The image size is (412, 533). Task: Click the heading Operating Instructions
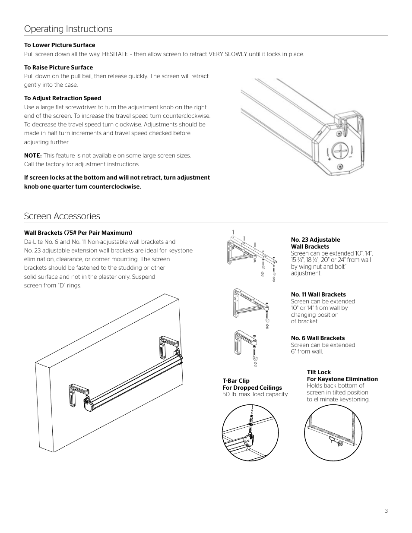coord(68,29)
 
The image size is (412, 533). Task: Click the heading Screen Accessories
coord(62,216)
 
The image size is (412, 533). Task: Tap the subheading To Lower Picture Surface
coord(60,45)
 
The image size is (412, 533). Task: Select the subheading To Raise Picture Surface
coord(58,67)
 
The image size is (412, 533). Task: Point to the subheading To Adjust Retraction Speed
coord(63,98)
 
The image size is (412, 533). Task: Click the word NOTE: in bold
coord(33,155)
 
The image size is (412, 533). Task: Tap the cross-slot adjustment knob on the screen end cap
coord(341,152)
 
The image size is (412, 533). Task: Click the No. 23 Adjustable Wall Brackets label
coord(315,243)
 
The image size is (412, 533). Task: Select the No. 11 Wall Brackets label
coord(318,295)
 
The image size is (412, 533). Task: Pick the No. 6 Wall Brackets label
coord(318,338)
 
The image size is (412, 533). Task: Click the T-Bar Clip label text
coord(236,381)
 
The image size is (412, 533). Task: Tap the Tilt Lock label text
coord(319,372)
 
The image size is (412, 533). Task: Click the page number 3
coord(386,511)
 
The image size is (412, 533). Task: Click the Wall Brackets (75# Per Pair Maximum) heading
coord(78,233)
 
